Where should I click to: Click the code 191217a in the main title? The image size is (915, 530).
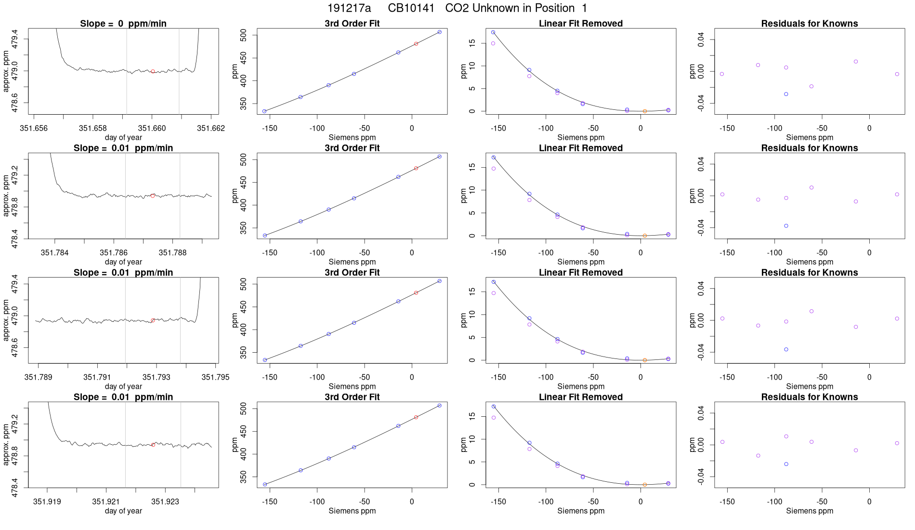[x=349, y=8]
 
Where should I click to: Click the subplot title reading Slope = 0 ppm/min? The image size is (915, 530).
[x=123, y=24]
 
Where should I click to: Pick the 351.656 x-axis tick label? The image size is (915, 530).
[x=34, y=128]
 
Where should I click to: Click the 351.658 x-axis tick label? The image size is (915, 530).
[x=93, y=128]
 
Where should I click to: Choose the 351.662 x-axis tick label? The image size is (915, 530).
[x=211, y=128]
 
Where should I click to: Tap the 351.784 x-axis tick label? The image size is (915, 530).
[x=54, y=252]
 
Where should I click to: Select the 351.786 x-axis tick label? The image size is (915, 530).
[x=114, y=252]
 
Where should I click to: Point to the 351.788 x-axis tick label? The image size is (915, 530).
[x=172, y=252]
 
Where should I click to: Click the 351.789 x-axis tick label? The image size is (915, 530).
[x=39, y=377]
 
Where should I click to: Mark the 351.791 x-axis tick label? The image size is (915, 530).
[x=97, y=377]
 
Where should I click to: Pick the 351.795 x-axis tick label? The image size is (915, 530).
[x=215, y=377]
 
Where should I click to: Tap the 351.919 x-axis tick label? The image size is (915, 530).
[x=47, y=502]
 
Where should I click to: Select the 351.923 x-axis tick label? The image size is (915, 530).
[x=165, y=502]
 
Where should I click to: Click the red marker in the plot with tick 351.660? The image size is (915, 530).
[x=153, y=71]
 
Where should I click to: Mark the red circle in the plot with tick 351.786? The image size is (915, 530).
[x=153, y=196]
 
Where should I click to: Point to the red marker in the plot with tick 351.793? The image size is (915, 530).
[x=153, y=320]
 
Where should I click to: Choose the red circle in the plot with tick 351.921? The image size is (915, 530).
[x=153, y=445]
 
